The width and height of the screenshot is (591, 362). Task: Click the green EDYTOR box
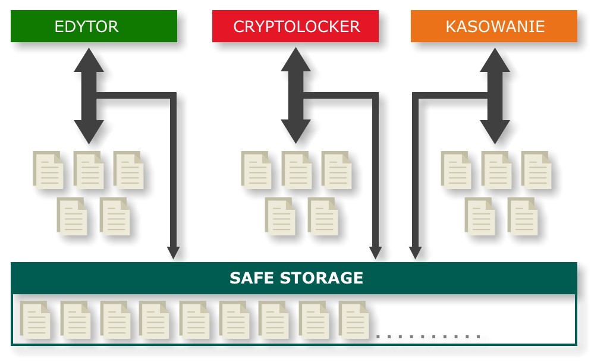point(94,26)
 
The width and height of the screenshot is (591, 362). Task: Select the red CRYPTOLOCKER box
point(295,26)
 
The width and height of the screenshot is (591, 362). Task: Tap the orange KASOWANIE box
point(494,26)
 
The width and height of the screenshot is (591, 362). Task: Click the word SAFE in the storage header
point(253,278)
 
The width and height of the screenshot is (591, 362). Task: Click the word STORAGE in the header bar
point(324,278)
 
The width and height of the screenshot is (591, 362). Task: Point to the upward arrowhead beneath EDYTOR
point(89,61)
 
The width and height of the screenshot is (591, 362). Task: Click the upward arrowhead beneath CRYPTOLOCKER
point(295,61)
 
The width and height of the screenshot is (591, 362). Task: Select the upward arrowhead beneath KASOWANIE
point(495,61)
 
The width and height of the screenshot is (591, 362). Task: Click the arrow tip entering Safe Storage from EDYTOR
point(173,253)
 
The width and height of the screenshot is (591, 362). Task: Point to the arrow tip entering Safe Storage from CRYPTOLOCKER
point(375,253)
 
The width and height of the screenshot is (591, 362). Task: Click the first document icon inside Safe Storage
point(35,319)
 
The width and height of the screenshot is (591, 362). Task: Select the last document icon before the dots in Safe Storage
point(354,319)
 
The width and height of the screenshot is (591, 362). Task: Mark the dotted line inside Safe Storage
point(428,336)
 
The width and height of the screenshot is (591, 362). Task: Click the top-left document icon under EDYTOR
point(48,169)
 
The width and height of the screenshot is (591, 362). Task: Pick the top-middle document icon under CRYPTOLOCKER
point(296,169)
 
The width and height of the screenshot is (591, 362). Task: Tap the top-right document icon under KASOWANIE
point(536,169)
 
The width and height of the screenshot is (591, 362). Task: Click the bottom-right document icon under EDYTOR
point(115,216)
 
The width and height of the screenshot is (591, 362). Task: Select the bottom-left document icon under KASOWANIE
point(480,216)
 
